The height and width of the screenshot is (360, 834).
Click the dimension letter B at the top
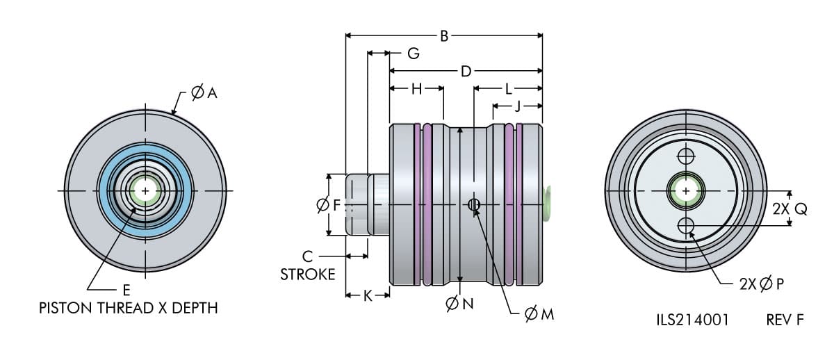pos(444,35)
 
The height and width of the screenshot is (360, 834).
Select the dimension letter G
pos(413,53)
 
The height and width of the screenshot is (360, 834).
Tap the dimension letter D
pos(466,71)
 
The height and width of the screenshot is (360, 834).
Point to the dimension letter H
pos(416,89)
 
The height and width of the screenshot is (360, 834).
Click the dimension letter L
pos(509,89)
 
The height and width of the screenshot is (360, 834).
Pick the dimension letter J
pos(517,106)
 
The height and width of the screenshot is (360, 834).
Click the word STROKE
pos(307,274)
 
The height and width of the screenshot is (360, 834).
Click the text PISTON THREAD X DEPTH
pos(129,308)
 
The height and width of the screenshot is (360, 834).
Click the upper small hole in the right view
pos(687,155)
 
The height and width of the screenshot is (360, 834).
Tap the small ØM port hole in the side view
pos(473,204)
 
